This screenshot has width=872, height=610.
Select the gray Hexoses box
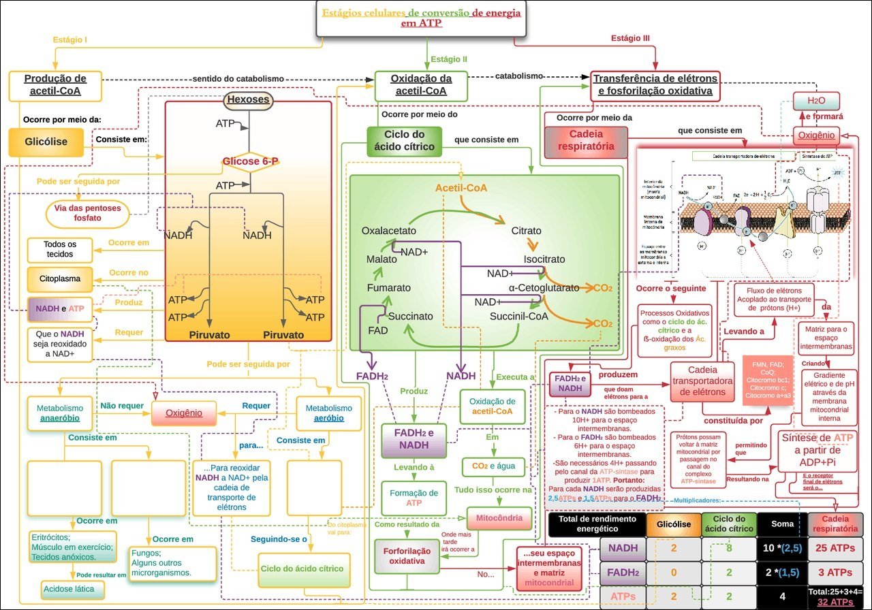249,100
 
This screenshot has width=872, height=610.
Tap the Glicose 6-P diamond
249,161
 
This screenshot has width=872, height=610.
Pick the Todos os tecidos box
59,249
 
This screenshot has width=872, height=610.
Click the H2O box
815,101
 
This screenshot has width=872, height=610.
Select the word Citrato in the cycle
526,231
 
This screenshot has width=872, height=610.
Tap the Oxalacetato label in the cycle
388,231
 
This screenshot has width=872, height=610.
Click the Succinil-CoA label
518,316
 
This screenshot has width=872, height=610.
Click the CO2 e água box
493,467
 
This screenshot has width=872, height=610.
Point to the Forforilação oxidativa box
406,556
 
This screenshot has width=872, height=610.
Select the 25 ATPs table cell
835,548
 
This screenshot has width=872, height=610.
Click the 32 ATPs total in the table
835,602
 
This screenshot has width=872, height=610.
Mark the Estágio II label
449,59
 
